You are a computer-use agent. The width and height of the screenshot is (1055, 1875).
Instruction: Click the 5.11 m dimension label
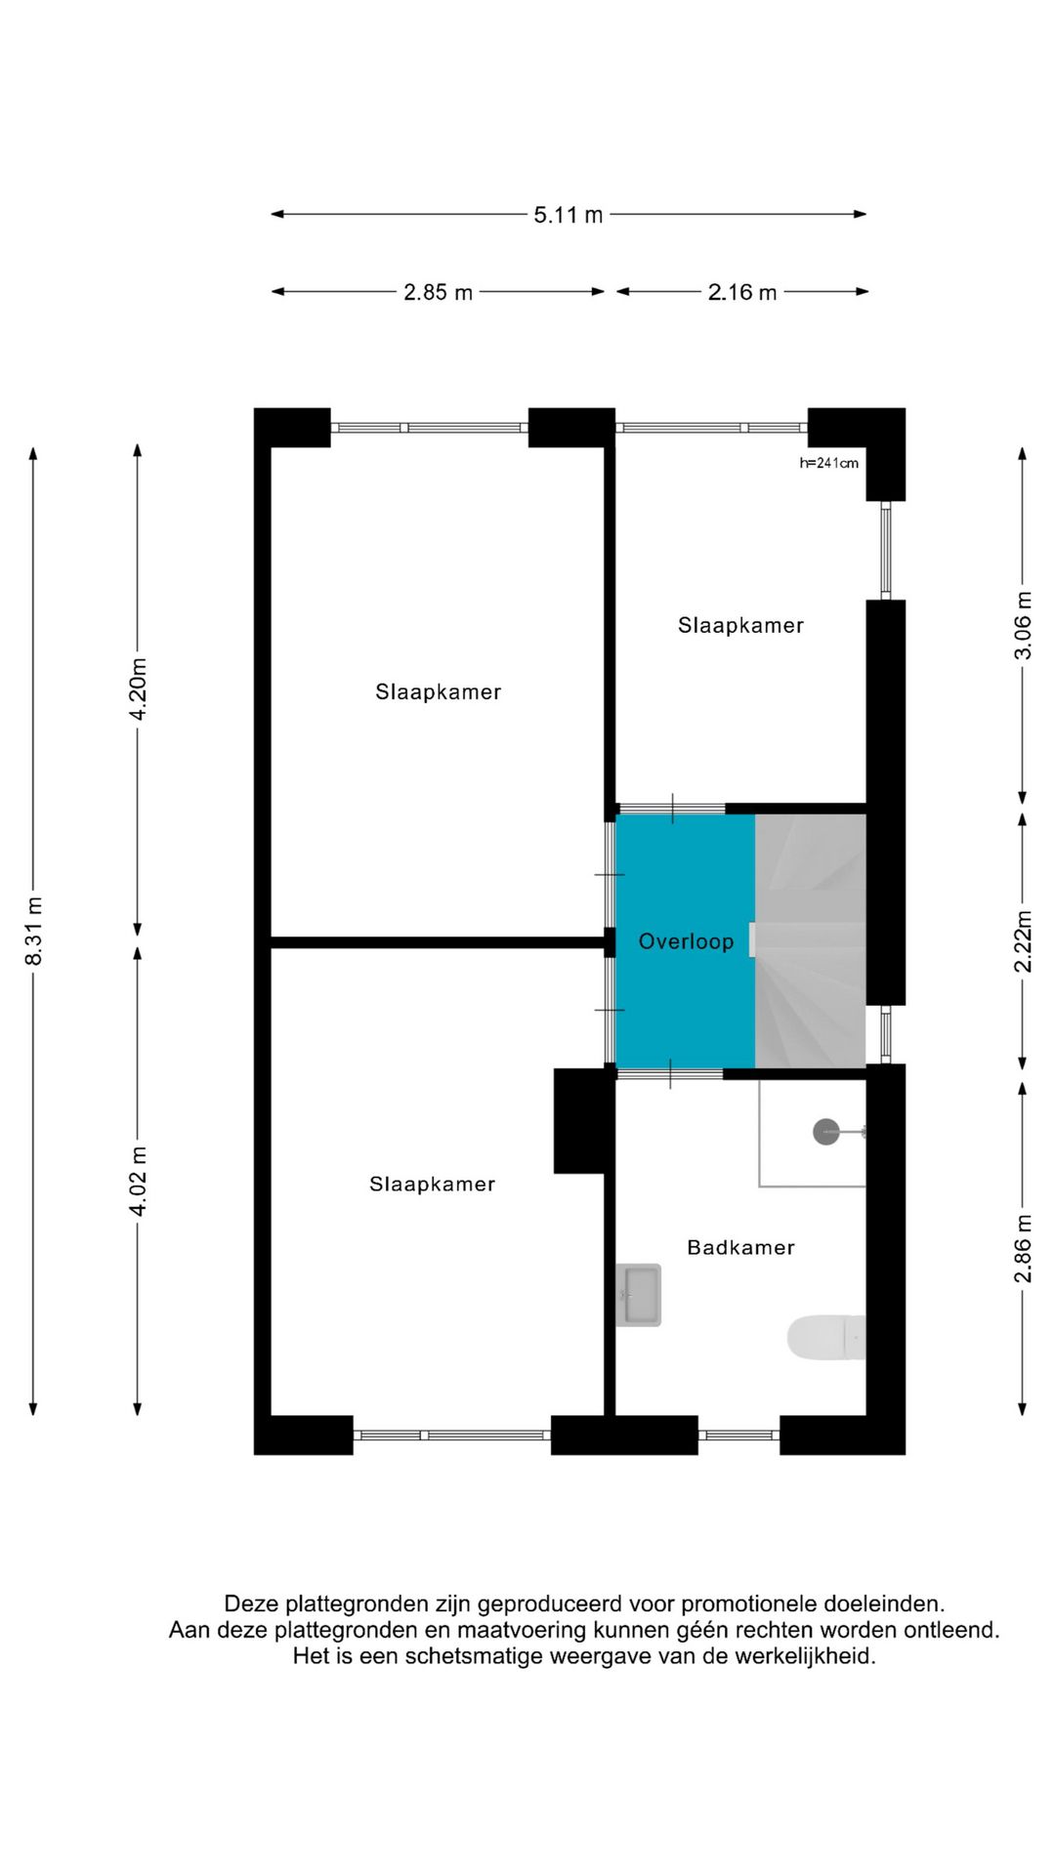click(568, 215)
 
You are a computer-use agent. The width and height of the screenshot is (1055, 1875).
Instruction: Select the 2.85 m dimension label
click(438, 292)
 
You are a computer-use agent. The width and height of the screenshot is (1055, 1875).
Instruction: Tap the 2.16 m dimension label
click(741, 292)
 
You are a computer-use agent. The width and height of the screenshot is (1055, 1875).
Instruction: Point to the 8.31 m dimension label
click(34, 931)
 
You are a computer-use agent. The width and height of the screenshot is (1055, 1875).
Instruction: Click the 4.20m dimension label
click(139, 689)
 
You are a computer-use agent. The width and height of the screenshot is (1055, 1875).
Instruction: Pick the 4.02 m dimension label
click(139, 1182)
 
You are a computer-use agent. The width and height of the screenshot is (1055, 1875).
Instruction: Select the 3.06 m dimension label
click(1023, 625)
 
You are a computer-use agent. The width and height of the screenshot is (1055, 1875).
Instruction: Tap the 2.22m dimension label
click(1023, 941)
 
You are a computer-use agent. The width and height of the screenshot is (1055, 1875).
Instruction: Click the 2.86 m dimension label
click(1023, 1248)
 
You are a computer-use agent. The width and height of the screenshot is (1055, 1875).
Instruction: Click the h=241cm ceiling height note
click(828, 463)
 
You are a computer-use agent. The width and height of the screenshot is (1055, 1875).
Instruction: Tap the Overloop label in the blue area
click(686, 941)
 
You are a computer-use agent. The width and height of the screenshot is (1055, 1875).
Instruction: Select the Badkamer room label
click(740, 1247)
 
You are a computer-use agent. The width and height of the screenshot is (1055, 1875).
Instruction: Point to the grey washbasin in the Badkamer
click(639, 1295)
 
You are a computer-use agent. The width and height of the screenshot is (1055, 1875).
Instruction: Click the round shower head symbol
click(826, 1132)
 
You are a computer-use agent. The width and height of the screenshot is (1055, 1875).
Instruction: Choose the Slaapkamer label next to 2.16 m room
click(740, 625)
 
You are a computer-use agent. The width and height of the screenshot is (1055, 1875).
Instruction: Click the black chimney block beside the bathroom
click(583, 1120)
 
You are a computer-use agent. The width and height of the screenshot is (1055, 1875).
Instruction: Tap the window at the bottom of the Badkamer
click(738, 1435)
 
